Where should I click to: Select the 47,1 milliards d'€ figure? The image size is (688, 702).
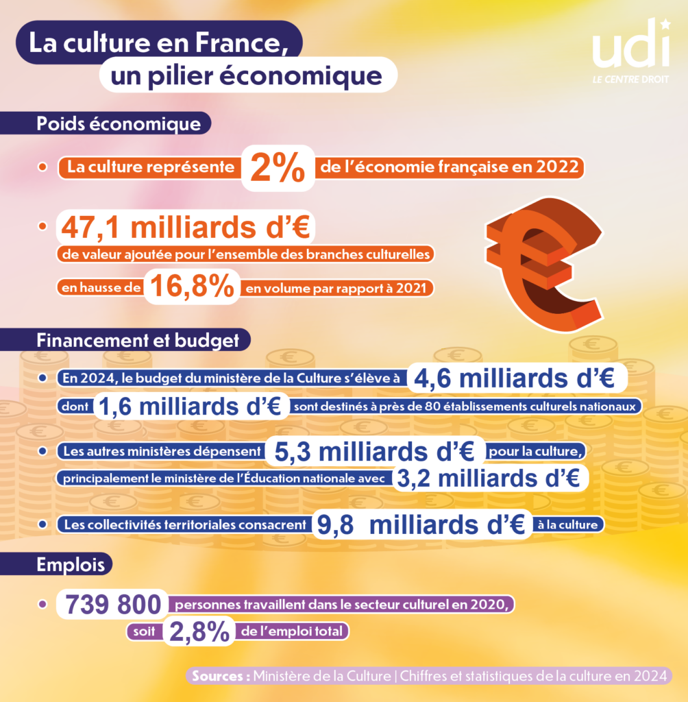click(x=185, y=228)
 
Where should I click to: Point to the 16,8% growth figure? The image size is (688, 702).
click(x=191, y=287)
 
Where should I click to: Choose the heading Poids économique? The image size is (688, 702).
click(x=119, y=125)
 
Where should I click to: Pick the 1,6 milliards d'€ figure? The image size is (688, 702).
click(x=191, y=407)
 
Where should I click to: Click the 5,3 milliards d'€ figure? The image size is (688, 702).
click(x=376, y=452)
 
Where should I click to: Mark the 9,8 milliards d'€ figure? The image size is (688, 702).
click(x=422, y=525)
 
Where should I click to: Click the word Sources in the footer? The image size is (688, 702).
click(x=221, y=675)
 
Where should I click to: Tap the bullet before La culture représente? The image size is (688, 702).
click(x=42, y=167)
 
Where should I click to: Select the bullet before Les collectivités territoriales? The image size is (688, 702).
click(x=42, y=524)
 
